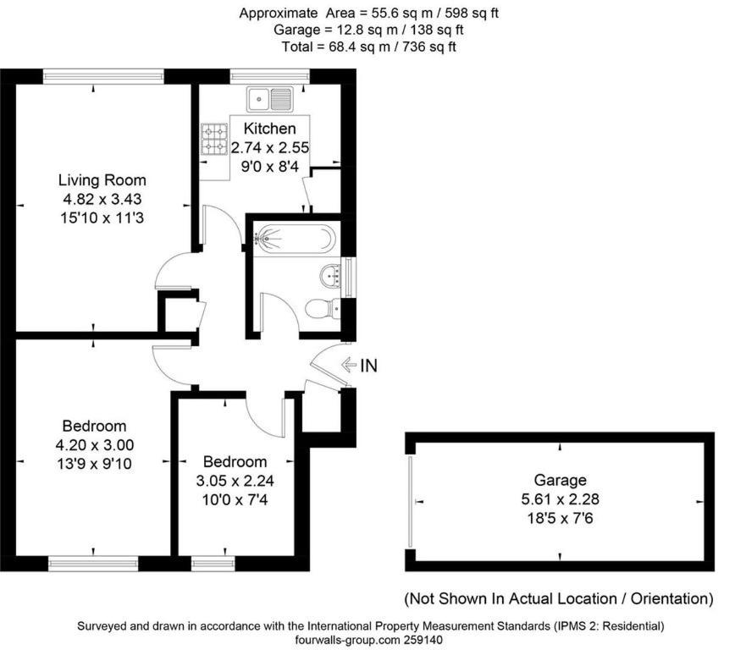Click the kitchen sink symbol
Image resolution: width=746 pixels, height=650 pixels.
tap(269, 99)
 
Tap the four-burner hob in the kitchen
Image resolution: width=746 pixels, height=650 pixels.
tap(214, 140)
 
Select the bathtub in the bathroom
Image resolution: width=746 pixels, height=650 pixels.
tap(295, 238)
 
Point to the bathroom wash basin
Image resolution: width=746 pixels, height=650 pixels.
tap(331, 276)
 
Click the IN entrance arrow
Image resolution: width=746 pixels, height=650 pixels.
tap(349, 365)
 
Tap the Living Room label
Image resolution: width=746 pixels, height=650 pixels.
tap(102, 180)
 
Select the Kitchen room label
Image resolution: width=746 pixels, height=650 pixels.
tap(270, 129)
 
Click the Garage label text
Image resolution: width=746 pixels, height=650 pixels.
tap(560, 480)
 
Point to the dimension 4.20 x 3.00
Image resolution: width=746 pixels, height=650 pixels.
tap(95, 445)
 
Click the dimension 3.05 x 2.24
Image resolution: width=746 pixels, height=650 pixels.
tap(235, 481)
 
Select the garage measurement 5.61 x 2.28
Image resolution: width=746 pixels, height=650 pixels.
tap(560, 499)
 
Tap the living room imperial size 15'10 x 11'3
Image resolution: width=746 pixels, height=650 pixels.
tap(102, 218)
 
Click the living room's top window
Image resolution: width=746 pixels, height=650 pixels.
tap(103, 76)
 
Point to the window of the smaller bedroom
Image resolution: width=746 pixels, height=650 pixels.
tap(213, 564)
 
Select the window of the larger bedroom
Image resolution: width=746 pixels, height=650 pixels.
tap(93, 564)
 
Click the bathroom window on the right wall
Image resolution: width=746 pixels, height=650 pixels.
tap(350, 277)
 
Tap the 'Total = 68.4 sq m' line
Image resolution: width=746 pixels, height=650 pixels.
tap(368, 47)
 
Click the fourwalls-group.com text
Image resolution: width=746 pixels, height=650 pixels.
tap(348, 640)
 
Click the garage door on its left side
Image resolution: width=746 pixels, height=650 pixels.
tap(410, 501)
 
